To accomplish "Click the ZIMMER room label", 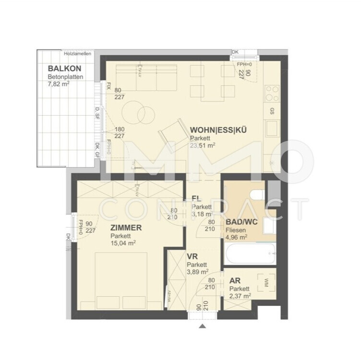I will pos(126,228).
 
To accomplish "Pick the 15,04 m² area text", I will pos(123,243).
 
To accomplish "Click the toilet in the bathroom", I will pos(258,194).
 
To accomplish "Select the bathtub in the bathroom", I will pos(250,253).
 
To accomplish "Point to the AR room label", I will pos(235,281).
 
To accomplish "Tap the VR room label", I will pos(192,257).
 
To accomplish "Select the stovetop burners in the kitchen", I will pos(272,92).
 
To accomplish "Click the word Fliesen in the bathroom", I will pos(235,229).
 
